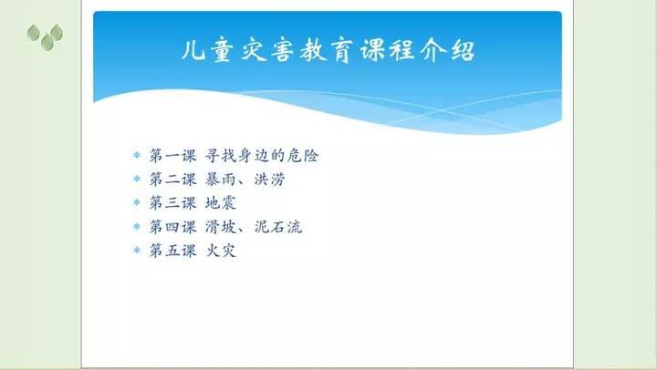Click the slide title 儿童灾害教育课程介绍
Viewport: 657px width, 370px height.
tap(328, 51)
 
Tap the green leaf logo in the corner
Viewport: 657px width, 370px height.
tap(46, 36)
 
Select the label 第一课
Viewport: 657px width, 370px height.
tap(173, 156)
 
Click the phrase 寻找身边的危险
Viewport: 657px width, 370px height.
tap(262, 156)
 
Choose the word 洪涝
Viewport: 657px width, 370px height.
tap(270, 180)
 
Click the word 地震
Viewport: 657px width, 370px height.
tap(221, 203)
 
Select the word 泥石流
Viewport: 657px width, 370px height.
tap(278, 227)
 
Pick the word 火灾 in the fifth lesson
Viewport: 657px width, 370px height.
tap(221, 251)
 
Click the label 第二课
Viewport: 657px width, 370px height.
tap(173, 180)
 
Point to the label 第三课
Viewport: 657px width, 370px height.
tap(173, 203)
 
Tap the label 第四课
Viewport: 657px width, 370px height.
tap(173, 227)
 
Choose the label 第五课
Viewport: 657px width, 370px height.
tap(173, 251)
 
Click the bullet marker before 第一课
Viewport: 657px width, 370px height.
tap(137, 155)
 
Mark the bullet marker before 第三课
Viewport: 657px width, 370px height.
tap(137, 202)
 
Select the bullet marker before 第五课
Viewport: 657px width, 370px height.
tap(137, 250)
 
